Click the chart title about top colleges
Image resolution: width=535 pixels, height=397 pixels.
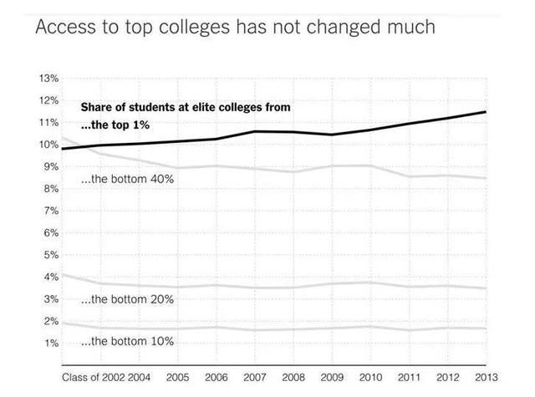(234, 27)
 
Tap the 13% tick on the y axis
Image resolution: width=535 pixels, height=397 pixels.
(49, 79)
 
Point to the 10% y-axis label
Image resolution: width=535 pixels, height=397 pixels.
(49, 145)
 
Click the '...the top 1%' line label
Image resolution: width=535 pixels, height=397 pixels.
(116, 125)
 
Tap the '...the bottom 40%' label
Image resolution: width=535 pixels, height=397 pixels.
(127, 179)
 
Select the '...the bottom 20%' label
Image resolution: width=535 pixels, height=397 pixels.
(127, 298)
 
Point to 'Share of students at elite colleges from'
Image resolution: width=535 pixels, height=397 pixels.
(185, 107)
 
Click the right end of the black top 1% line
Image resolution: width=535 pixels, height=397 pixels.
(486, 112)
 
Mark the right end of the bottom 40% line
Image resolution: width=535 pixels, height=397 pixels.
(486, 178)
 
